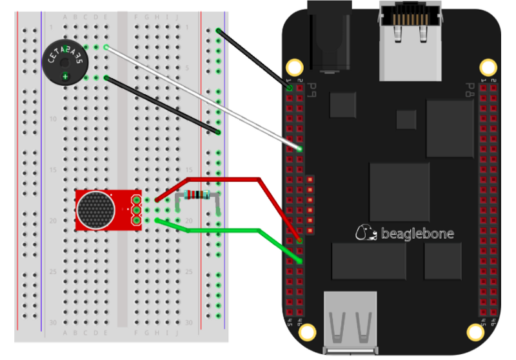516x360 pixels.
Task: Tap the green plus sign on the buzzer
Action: pyautogui.click(x=65, y=77)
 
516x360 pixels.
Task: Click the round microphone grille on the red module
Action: pyautogui.click(x=95, y=210)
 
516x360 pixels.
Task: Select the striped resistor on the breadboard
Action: pyautogui.click(x=196, y=195)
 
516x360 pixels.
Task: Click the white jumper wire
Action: pyautogui.click(x=200, y=97)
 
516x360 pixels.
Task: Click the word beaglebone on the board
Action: pyautogui.click(x=416, y=233)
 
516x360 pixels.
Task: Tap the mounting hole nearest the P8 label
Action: pyautogui.click(x=488, y=66)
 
